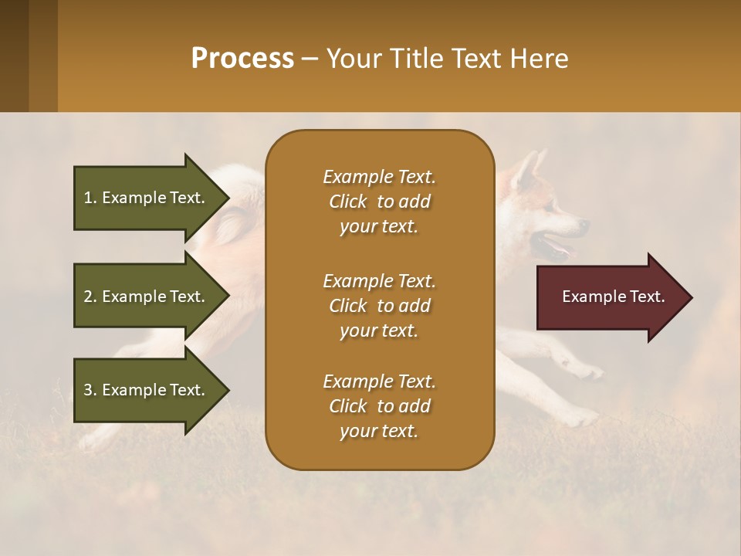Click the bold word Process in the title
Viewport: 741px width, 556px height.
click(x=242, y=59)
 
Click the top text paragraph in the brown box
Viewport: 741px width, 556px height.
click(x=379, y=202)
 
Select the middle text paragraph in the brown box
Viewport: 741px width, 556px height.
click(x=379, y=306)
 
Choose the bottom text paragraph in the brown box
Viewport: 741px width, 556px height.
click(x=379, y=406)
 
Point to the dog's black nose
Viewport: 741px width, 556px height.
click(x=584, y=225)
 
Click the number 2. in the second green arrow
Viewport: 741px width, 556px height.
click(x=90, y=297)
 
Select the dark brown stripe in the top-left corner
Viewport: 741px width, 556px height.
click(x=14, y=56)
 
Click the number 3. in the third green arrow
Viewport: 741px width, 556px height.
click(x=90, y=390)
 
